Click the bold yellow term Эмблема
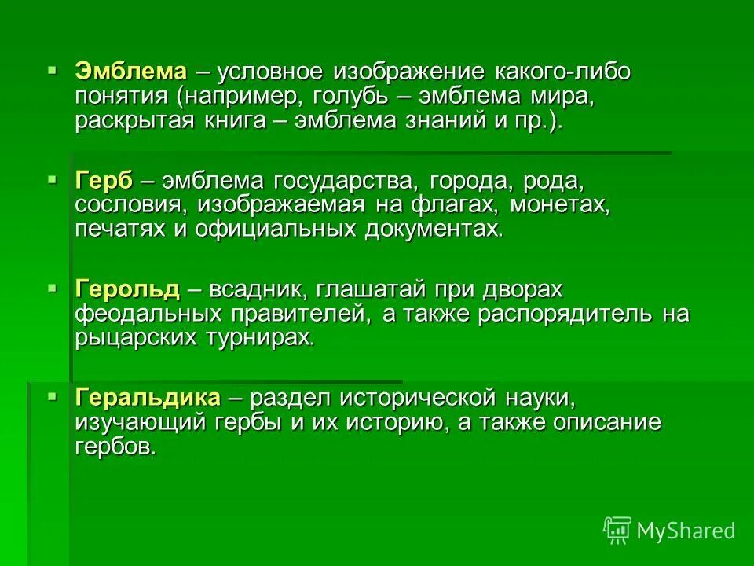(x=131, y=72)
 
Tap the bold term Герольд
(x=128, y=289)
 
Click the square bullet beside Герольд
(x=53, y=289)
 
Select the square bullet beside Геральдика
(x=53, y=397)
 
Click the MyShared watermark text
(x=685, y=531)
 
